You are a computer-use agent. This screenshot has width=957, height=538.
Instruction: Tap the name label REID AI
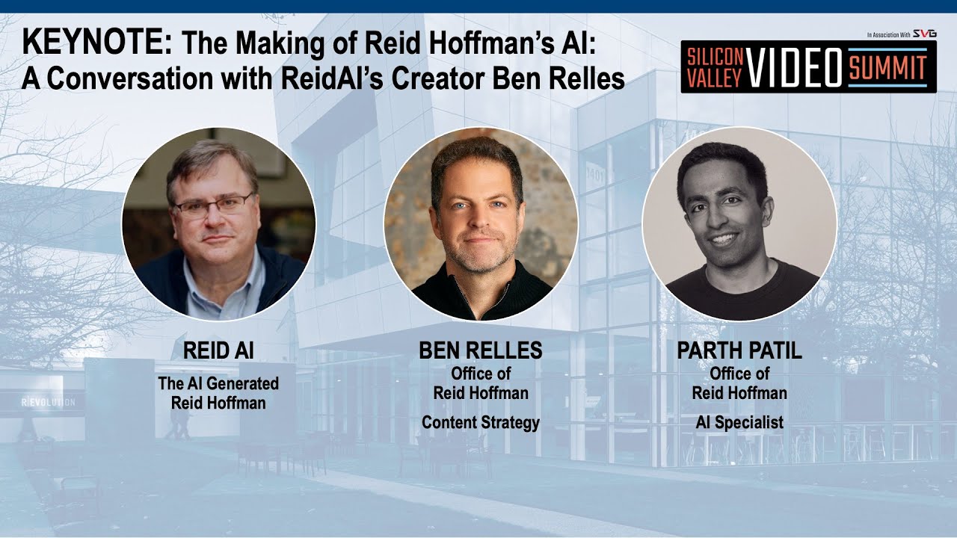218,351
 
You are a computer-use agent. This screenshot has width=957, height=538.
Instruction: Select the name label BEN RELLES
480,351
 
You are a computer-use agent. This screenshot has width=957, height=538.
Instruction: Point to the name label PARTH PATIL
739,351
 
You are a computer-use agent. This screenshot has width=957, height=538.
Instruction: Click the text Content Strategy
480,423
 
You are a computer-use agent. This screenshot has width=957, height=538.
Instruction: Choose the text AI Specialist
739,423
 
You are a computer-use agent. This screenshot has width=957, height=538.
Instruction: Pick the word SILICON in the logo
715,58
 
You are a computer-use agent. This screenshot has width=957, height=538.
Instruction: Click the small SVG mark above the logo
925,34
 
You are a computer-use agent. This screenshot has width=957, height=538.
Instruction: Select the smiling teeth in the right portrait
724,240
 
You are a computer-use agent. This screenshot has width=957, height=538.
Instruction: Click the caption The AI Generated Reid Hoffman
218,393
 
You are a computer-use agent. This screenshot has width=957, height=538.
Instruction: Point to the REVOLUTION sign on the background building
48,403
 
